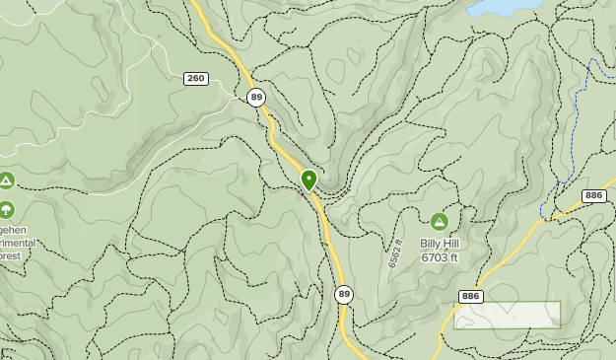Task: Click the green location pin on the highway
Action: coord(308,179)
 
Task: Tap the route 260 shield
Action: coord(195,78)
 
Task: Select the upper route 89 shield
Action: coord(256,97)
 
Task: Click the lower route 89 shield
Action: coord(343,294)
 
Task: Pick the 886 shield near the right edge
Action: coord(593,196)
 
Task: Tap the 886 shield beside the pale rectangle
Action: coord(471,296)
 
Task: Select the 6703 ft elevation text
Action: coord(440,257)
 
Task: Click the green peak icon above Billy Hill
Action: coord(440,221)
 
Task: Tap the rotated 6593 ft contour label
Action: coord(393,254)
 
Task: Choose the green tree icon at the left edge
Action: coord(7,209)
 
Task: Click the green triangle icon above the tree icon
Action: coord(7,180)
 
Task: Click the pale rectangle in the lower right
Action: coord(507,315)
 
